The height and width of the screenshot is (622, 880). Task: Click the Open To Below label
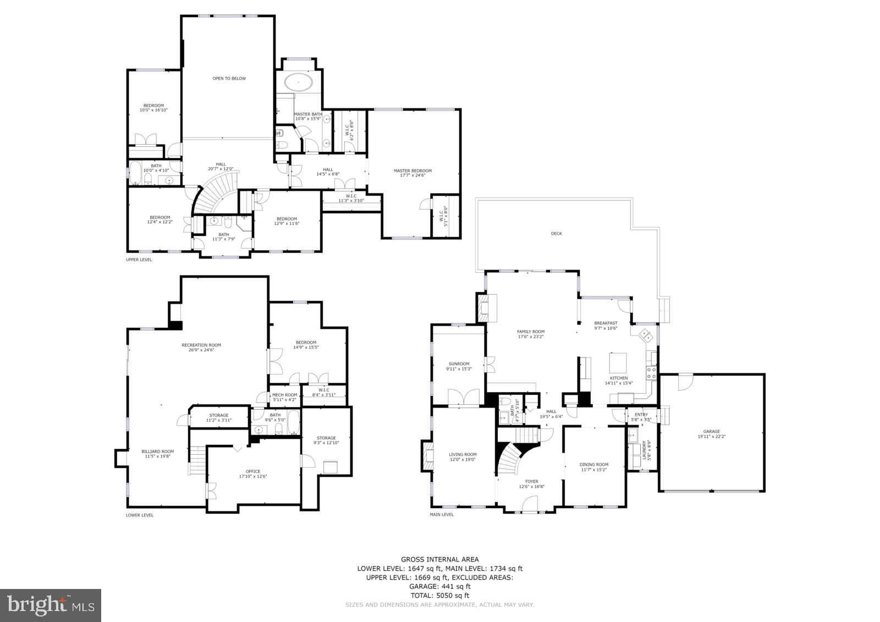pyautogui.click(x=229, y=79)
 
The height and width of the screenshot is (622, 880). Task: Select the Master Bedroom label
pyautogui.click(x=413, y=170)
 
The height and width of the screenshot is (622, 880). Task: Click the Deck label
pyautogui.click(x=556, y=234)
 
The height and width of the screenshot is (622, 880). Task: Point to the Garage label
pyautogui.click(x=711, y=432)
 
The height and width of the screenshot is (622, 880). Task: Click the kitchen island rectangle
pyautogui.click(x=618, y=363)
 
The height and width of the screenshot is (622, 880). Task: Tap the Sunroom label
pyautogui.click(x=459, y=364)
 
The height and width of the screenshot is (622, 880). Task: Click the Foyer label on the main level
pyautogui.click(x=532, y=481)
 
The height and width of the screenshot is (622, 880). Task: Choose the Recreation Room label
pyautogui.click(x=201, y=345)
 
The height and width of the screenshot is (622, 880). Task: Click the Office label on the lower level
pyautogui.click(x=253, y=471)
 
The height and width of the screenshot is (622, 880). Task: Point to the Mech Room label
pyautogui.click(x=284, y=395)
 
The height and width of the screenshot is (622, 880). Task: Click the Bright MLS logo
pyautogui.click(x=51, y=606)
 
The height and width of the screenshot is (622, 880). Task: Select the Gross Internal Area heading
pyautogui.click(x=439, y=559)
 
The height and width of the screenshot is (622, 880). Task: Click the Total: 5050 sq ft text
pyautogui.click(x=439, y=595)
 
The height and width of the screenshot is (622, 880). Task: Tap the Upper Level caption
pyautogui.click(x=139, y=260)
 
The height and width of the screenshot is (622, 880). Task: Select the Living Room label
pyautogui.click(x=463, y=454)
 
